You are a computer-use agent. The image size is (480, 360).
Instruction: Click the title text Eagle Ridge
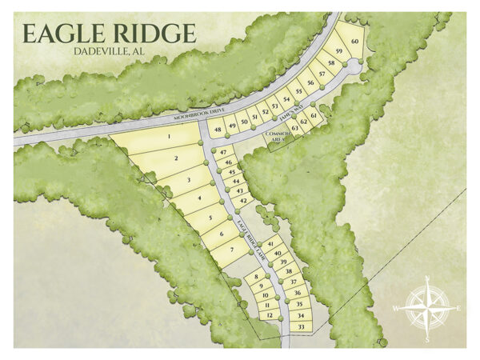tap(109, 34)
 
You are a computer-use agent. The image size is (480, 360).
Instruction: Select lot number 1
tap(170, 137)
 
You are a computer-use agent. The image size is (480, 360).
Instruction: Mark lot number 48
tap(217, 128)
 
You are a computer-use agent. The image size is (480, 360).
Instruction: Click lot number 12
tap(270, 315)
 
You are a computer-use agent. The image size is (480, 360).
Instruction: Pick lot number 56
tap(310, 82)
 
